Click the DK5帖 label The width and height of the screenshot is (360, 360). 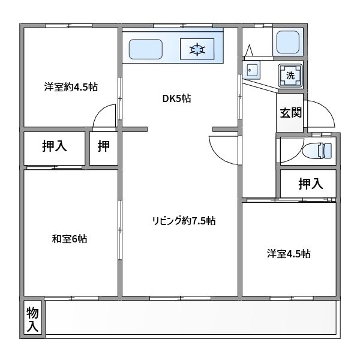(x=176, y=99)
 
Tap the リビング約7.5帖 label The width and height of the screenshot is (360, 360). (x=184, y=221)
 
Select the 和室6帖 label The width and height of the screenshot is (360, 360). (x=70, y=239)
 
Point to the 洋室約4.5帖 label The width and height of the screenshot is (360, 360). (x=71, y=87)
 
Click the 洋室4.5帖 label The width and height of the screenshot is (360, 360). (x=289, y=253)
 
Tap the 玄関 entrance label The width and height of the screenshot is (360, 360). (x=290, y=112)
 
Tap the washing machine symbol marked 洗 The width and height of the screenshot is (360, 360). (x=290, y=75)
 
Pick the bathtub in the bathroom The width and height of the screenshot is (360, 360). (x=289, y=42)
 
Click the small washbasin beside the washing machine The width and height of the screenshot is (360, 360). (x=252, y=71)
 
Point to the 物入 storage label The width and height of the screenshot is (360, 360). (x=33, y=319)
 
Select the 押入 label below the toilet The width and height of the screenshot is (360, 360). (x=311, y=184)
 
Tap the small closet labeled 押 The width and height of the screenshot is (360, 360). (x=104, y=146)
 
